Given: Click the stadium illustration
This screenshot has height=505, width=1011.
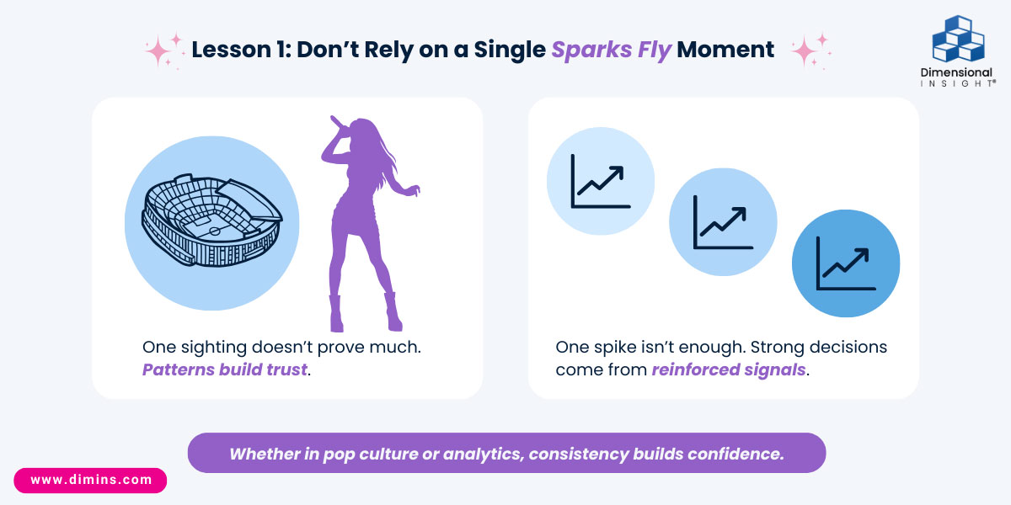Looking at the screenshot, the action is click(212, 221).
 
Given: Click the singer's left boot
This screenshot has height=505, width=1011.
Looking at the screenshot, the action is click(336, 313).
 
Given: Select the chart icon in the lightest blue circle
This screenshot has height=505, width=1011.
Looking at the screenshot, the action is click(600, 181).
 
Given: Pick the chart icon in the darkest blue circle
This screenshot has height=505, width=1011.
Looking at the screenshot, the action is click(846, 263).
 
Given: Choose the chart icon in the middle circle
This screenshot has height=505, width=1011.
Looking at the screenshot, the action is click(723, 222).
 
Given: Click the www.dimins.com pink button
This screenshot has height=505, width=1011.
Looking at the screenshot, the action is click(90, 481).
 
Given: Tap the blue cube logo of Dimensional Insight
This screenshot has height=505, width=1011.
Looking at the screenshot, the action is click(958, 39).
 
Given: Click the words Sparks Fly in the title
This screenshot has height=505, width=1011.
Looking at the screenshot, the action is click(612, 50).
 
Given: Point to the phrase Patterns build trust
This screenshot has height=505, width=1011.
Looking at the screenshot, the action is click(225, 369).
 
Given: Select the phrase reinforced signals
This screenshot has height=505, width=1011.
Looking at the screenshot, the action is click(729, 369).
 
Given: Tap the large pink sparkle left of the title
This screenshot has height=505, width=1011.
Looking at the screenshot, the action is click(158, 51).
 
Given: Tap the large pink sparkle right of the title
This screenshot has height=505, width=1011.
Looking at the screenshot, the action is click(804, 51).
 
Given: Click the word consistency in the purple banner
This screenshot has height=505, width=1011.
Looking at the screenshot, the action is click(578, 454).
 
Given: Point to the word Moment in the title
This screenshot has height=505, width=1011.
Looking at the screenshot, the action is click(725, 50).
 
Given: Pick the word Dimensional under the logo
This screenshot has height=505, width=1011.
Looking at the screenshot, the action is click(956, 72).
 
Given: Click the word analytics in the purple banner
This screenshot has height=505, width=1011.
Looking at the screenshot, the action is click(483, 454).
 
